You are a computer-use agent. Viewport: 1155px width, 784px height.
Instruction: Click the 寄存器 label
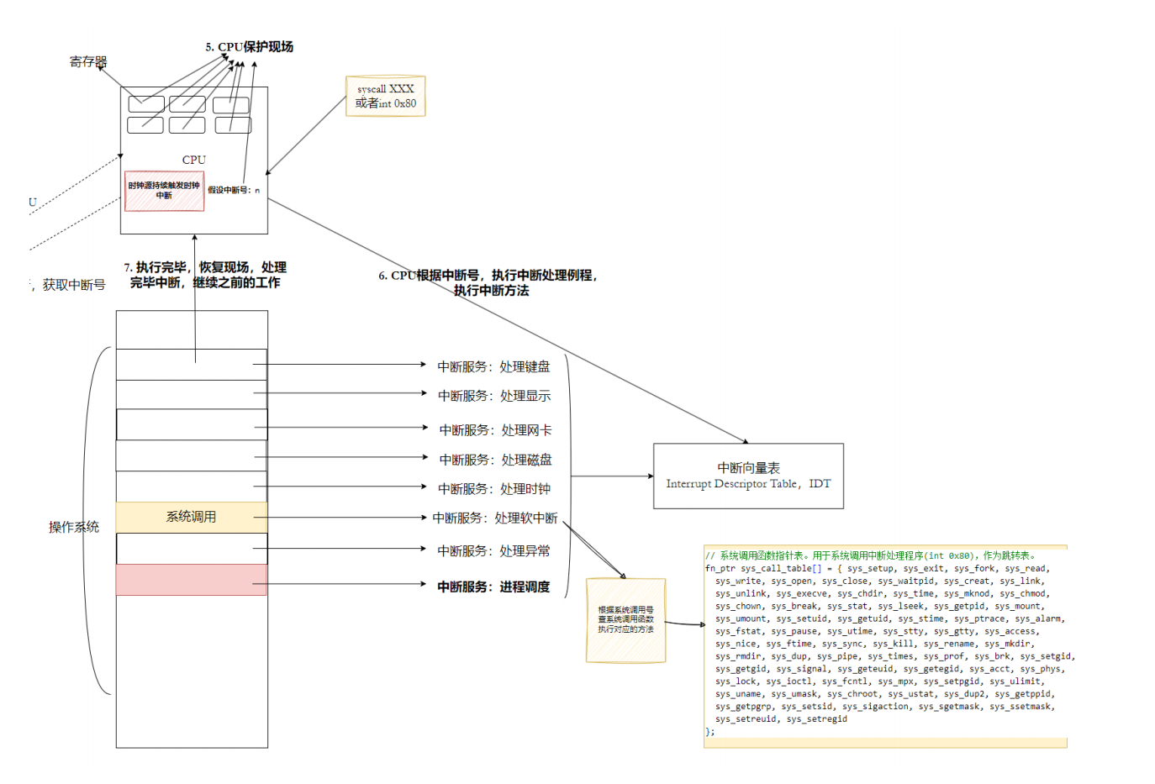tap(88, 61)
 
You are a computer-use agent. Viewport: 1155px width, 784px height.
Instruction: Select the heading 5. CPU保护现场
tap(250, 47)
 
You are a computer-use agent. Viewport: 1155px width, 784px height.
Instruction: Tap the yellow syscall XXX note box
tap(386, 96)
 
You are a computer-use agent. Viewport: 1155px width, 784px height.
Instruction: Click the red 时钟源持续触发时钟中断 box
tap(164, 191)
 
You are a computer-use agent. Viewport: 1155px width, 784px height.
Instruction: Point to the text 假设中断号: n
tap(234, 190)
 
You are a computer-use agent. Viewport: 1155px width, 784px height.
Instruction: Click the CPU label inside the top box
tap(194, 160)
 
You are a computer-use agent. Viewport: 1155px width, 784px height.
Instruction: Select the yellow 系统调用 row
tap(192, 517)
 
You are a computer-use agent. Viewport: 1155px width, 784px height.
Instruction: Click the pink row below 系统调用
tap(192, 580)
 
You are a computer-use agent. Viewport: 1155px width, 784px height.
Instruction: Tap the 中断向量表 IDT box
tap(748, 476)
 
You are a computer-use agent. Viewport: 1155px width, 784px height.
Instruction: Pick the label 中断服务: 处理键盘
tap(493, 366)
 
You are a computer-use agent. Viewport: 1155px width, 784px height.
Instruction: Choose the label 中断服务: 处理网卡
tap(495, 430)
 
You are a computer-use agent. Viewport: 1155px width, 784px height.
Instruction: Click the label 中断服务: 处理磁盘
tap(495, 460)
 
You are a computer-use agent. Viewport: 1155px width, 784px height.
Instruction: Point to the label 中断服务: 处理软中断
tap(494, 518)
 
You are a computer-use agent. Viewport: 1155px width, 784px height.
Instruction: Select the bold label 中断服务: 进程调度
tap(493, 587)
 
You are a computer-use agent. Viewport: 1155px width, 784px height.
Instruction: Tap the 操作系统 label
tap(74, 527)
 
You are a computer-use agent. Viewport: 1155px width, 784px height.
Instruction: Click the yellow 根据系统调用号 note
tap(625, 620)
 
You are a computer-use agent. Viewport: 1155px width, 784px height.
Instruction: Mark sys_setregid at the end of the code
tap(817, 719)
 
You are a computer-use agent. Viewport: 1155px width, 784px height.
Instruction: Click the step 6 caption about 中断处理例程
tap(488, 282)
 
